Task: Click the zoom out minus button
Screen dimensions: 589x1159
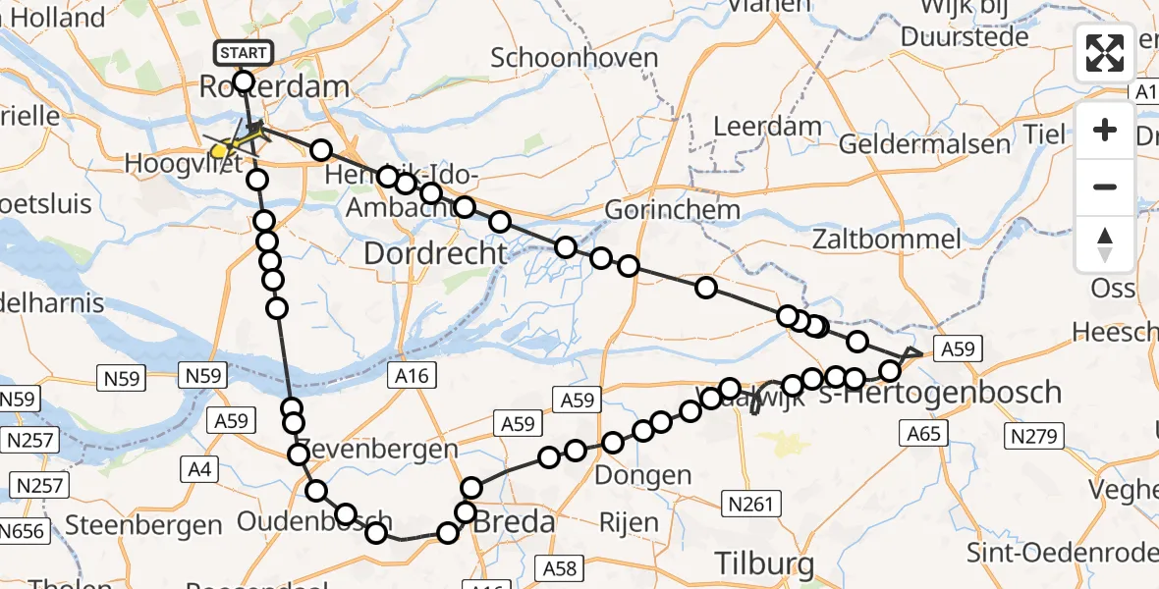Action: pyautogui.click(x=1105, y=187)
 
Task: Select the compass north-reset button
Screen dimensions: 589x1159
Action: pyautogui.click(x=1105, y=244)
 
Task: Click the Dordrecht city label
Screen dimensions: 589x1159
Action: pyautogui.click(x=435, y=253)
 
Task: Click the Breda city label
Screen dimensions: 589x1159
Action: pyautogui.click(x=514, y=523)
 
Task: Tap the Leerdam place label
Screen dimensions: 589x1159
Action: pyautogui.click(x=753, y=126)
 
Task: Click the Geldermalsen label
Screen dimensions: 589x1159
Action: pyautogui.click(x=924, y=144)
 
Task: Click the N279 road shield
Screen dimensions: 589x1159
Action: pyautogui.click(x=1030, y=434)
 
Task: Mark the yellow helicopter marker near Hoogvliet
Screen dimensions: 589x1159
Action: pyautogui.click(x=222, y=150)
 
